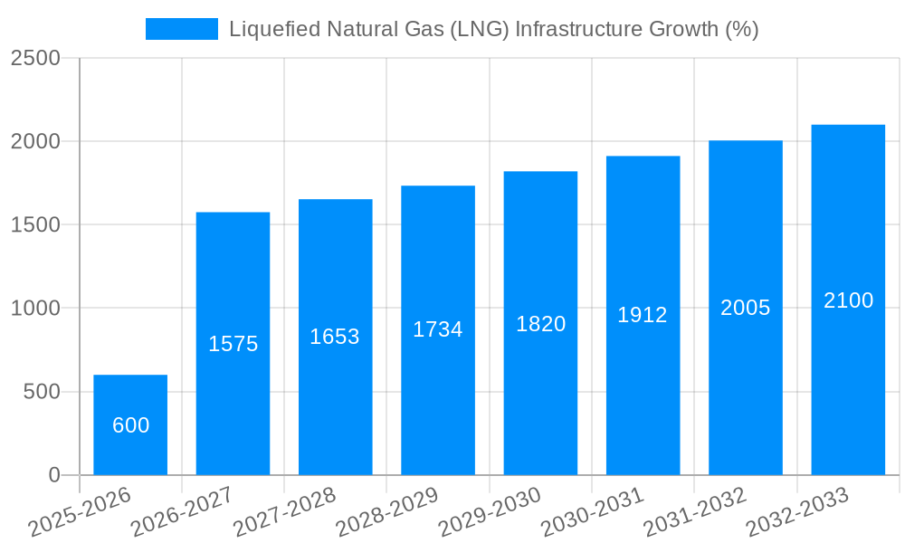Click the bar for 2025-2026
click(130, 425)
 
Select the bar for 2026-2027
click(233, 344)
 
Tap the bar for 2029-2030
click(540, 323)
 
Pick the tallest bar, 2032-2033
click(848, 300)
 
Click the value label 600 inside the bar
click(130, 425)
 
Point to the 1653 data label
click(335, 337)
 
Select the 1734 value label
click(438, 329)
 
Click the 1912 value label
click(643, 315)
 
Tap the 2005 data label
click(746, 308)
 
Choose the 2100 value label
click(848, 300)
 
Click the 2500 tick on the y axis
click(35, 58)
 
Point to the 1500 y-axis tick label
click(35, 225)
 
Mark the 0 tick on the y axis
click(53, 475)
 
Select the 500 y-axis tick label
click(41, 392)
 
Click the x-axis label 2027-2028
click(285, 512)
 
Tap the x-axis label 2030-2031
click(593, 512)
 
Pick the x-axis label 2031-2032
click(695, 512)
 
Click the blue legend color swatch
click(181, 29)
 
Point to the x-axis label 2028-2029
click(387, 512)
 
